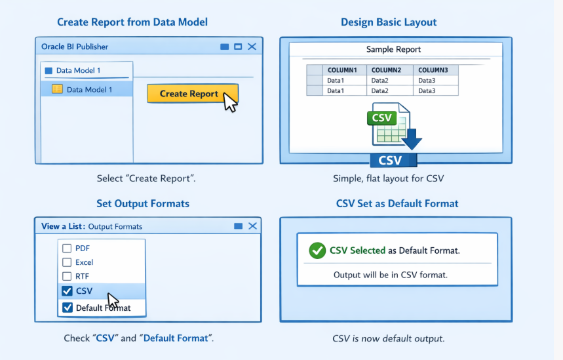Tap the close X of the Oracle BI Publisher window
pos(252,47)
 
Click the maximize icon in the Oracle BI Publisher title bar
pos(238,47)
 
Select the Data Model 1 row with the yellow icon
pos(87,89)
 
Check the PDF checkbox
pos(67,249)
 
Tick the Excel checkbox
pos(67,262)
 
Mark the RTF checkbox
pos(67,276)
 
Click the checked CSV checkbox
pos(67,290)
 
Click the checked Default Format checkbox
pos(67,308)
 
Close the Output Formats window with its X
pos(253,226)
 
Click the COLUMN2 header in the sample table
pos(386,70)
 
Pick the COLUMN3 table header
pos(433,70)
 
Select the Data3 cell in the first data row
pos(427,81)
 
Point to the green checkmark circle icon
pos(317,250)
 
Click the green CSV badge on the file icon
pos(381,118)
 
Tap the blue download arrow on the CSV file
pos(412,139)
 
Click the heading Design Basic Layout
pos(389,22)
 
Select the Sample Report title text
pos(393,49)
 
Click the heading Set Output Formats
pos(143,204)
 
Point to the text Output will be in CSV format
pos(391,275)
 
